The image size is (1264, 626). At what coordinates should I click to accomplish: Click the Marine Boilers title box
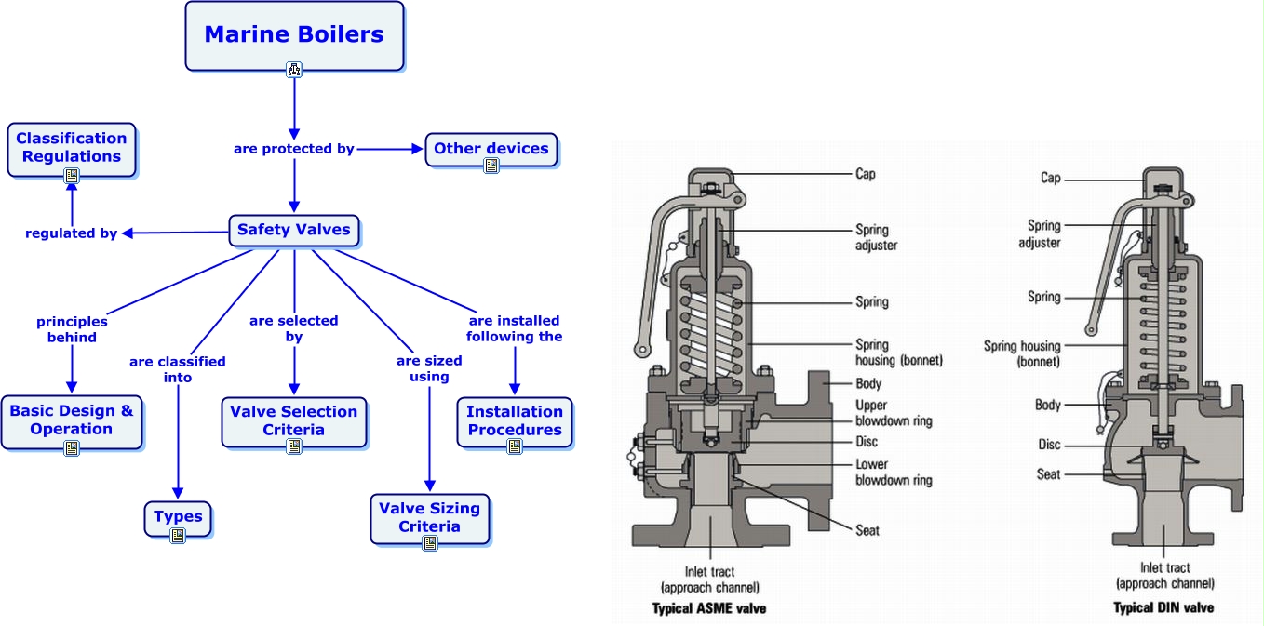[294, 35]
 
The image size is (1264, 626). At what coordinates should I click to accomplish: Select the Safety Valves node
[293, 230]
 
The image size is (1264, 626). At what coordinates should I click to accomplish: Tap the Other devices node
[491, 149]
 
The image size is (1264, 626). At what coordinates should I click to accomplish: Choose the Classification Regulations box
[72, 148]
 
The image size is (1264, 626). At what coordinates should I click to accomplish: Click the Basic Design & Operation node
[72, 420]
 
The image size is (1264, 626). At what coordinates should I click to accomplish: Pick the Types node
[178, 517]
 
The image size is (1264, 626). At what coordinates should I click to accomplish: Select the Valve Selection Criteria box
[294, 420]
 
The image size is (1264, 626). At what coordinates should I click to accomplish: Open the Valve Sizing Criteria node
[429, 517]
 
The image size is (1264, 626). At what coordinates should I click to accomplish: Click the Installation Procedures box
[515, 420]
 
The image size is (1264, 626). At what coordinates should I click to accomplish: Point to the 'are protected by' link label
[294, 149]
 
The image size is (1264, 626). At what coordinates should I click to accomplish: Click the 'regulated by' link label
[72, 233]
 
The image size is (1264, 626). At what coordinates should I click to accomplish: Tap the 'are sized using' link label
[429, 368]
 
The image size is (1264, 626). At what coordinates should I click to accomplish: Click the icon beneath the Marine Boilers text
[294, 69]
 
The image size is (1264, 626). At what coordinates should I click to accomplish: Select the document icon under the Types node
[178, 536]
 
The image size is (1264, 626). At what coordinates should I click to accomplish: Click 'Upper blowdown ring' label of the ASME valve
[894, 413]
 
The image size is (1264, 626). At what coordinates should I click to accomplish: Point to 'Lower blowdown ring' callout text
[894, 472]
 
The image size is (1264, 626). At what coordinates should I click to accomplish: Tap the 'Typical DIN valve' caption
[1163, 607]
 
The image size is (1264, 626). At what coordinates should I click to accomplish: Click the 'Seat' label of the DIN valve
[1049, 474]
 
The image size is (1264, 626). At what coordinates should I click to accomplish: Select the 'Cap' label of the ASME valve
[866, 174]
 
